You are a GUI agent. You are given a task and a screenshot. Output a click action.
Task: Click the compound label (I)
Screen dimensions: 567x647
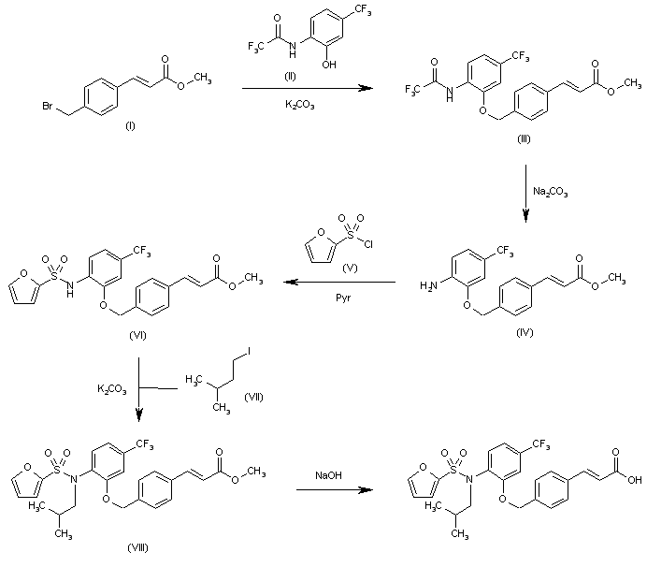coord(130,124)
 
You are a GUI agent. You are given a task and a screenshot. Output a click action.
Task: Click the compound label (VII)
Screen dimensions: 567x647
coord(253,398)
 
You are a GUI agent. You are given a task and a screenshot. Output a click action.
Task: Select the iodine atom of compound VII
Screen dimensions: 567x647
coord(249,352)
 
